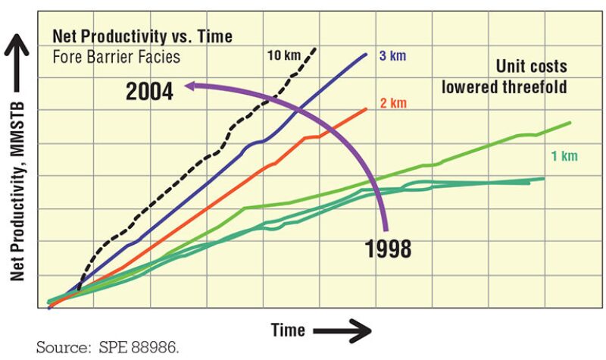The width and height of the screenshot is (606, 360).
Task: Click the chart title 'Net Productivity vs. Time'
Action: click(x=142, y=36)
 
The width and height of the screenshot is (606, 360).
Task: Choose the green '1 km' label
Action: click(x=564, y=156)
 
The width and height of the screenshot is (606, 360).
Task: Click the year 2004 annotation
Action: click(x=149, y=92)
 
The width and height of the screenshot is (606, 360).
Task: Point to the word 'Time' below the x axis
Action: click(x=288, y=330)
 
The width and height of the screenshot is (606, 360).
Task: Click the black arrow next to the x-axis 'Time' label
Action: click(x=341, y=330)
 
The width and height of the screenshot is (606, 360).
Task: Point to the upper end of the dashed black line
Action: click(x=316, y=48)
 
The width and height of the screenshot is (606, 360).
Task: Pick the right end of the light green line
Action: click(x=569, y=122)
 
